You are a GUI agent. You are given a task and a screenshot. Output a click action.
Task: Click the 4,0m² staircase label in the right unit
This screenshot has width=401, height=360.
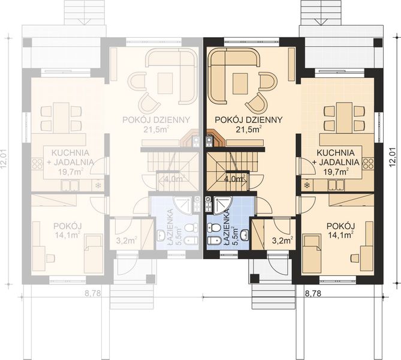(233, 179)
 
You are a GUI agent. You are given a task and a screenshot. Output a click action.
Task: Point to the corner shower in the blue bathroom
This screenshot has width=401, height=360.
(222, 205)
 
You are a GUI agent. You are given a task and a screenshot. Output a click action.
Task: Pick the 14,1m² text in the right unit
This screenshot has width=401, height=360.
(339, 236)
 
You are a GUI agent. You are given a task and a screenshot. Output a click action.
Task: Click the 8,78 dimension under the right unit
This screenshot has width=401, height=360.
(312, 294)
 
